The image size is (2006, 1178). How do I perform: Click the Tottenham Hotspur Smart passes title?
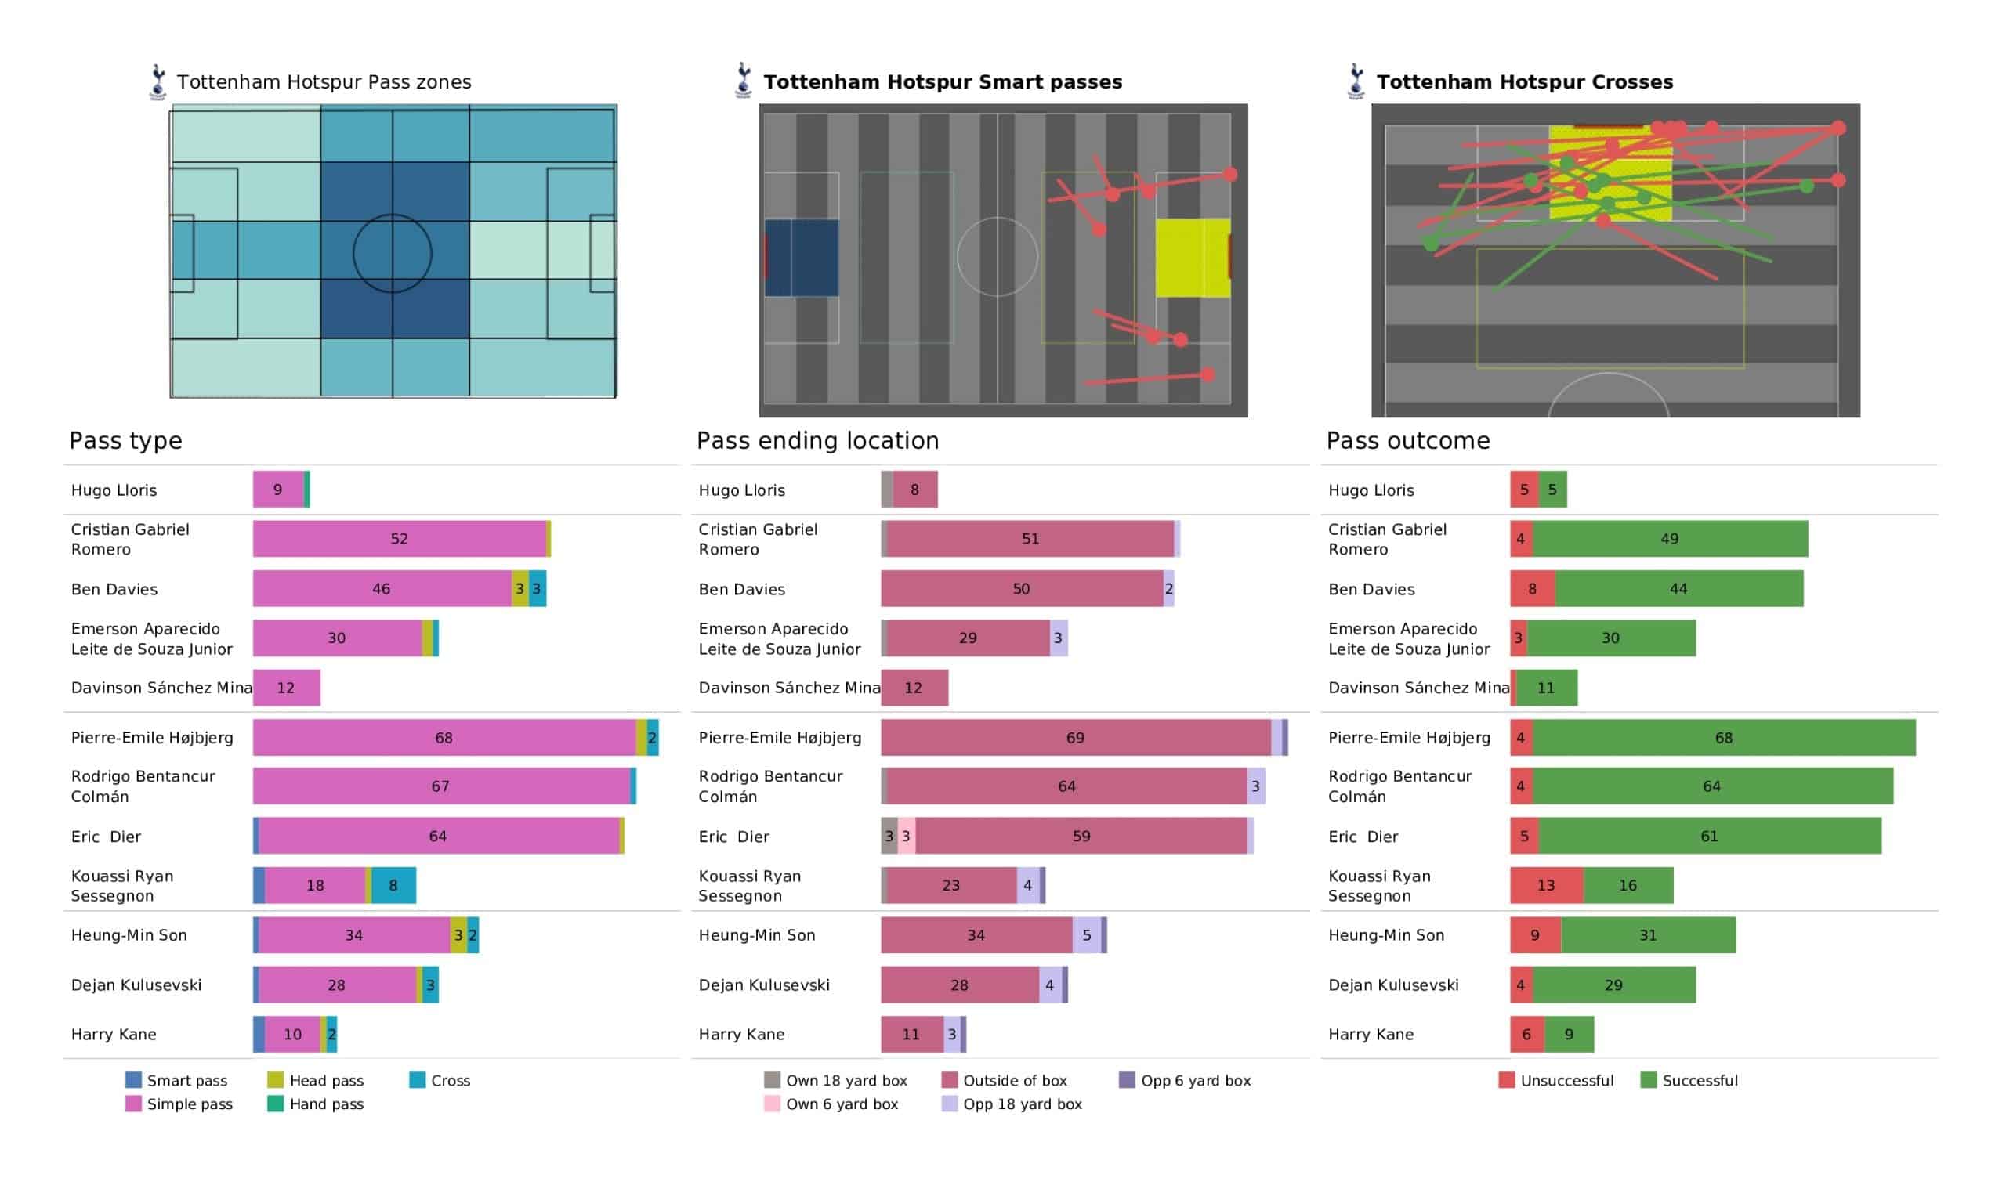943,82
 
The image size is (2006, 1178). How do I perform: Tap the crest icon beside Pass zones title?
158,82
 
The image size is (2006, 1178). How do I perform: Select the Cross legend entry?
440,1081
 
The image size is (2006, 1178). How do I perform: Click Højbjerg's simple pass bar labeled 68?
444,738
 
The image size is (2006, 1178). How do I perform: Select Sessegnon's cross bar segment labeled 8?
393,886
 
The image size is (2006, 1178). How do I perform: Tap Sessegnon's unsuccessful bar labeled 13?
1546,886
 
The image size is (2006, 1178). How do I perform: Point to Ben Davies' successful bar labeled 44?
1678,589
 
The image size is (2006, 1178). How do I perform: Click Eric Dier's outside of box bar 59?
1081,837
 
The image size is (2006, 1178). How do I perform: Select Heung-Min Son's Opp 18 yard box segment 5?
1087,935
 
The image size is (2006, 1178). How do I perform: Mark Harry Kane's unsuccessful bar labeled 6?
1526,1035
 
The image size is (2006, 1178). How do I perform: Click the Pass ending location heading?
817,441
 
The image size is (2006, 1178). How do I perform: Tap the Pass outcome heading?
1407,441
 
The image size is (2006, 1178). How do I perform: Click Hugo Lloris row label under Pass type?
114,490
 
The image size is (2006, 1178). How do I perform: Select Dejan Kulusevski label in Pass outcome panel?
1393,985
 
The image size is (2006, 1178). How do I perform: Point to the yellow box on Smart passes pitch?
1193,258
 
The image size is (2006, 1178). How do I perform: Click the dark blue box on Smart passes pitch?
802,258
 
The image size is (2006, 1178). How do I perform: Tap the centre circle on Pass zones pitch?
393,254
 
